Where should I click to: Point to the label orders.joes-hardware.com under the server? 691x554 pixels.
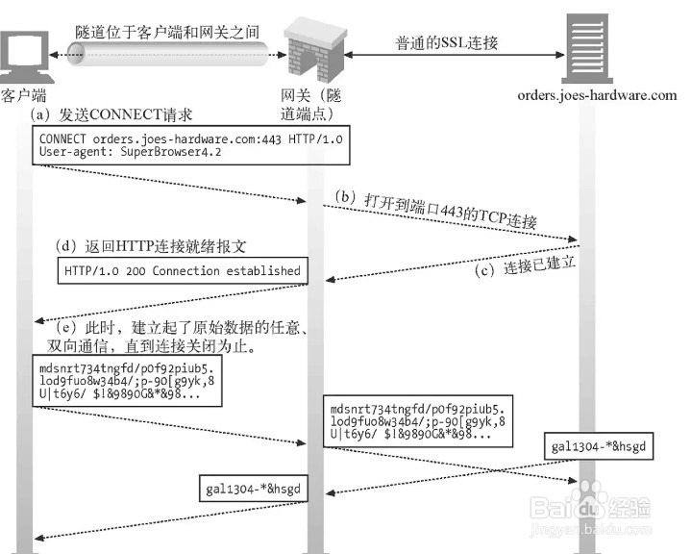[597, 95]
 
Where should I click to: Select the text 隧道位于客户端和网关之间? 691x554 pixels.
[168, 32]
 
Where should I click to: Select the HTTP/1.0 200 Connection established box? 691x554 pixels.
[182, 271]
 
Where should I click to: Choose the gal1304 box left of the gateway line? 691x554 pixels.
[253, 488]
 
